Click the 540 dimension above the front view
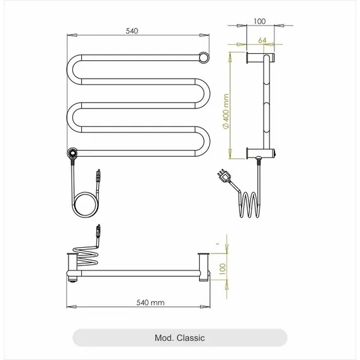[x=132, y=31]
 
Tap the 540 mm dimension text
[x=150, y=302]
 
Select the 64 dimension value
[x=262, y=41]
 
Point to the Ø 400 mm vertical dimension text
[x=226, y=111]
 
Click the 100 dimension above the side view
[x=260, y=22]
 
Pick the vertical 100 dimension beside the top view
[x=222, y=269]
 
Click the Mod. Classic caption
[x=179, y=338]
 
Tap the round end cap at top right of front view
[x=203, y=58]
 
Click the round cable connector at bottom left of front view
[x=72, y=153]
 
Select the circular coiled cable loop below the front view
[x=86, y=204]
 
